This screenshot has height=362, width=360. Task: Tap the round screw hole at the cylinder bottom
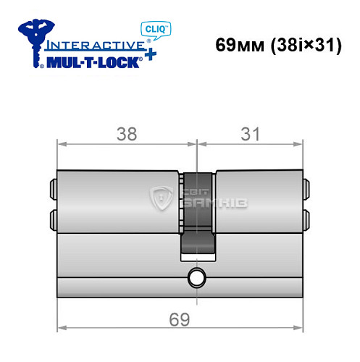point(196,277)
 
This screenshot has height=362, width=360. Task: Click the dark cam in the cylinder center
point(196,217)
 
